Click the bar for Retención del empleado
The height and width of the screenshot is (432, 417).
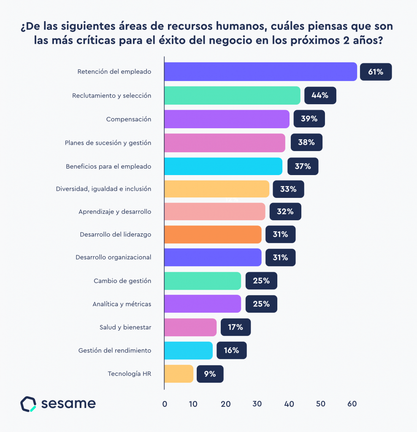[x=260, y=72]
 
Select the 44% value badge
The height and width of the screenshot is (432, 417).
[x=320, y=95]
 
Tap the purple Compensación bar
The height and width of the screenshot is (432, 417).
[x=227, y=119]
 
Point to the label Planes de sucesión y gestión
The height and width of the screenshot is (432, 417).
[x=108, y=143]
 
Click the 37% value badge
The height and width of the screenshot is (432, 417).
[x=303, y=166]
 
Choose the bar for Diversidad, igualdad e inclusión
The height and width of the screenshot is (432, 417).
[x=217, y=189]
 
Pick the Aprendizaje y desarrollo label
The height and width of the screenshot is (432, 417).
[x=115, y=211]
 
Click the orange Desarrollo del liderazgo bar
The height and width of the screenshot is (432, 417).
[x=213, y=235]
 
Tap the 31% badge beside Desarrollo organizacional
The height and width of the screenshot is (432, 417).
[x=280, y=257]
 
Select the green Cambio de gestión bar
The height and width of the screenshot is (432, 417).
[x=203, y=281]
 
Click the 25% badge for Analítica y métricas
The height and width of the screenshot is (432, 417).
[x=261, y=304]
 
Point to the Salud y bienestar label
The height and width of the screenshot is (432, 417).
[x=125, y=327]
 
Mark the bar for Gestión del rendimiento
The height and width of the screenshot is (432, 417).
[x=188, y=351]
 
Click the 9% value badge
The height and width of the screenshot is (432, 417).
[x=210, y=374]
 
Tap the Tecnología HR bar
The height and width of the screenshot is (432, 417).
[x=179, y=374]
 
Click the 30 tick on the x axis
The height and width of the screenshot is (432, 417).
[x=257, y=404]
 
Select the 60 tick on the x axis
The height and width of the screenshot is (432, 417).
[x=352, y=404]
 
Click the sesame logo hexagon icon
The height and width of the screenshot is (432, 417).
[x=28, y=404]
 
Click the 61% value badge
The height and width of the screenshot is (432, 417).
[x=376, y=72]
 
